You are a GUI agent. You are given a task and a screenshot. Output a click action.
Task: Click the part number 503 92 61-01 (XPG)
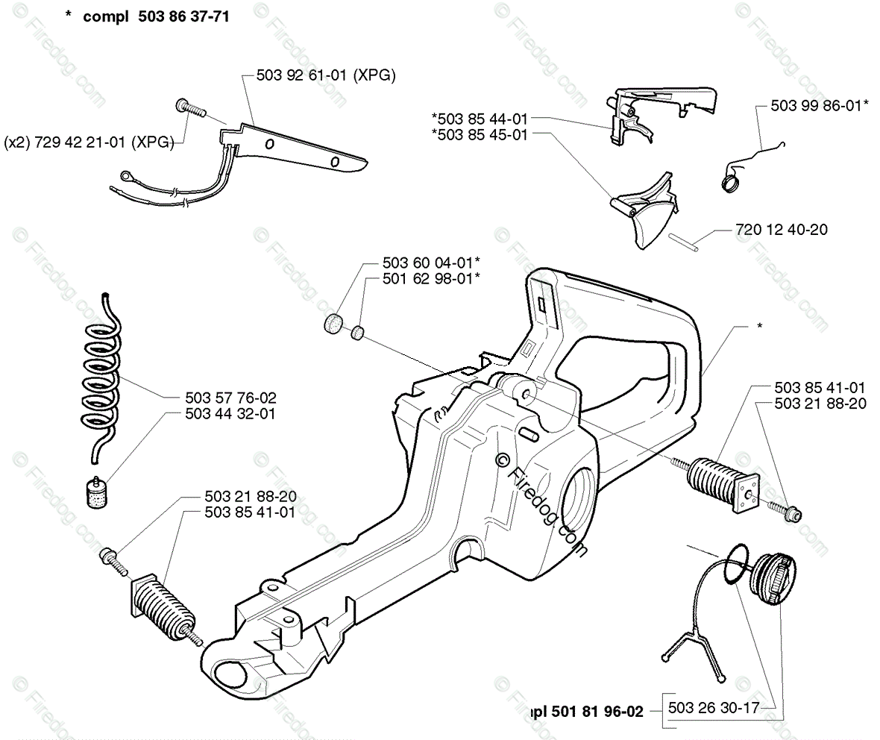pos(325,75)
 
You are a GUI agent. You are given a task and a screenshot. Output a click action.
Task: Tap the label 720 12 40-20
pos(770,231)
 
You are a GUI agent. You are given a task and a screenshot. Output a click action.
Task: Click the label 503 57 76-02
pos(230,399)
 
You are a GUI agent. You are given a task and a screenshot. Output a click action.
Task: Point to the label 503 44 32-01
pos(230,413)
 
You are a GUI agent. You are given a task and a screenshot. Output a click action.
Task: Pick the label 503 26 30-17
pos(714,708)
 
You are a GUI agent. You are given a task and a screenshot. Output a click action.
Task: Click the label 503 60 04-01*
pos(430,263)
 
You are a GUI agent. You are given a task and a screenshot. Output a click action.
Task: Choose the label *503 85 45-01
pos(480,135)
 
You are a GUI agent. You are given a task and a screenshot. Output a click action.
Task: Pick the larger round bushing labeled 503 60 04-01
pos(333,325)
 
